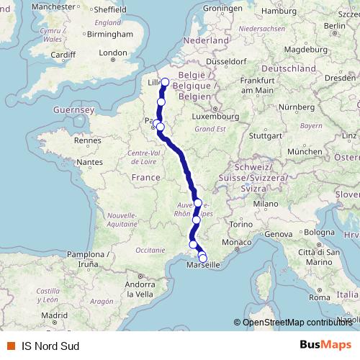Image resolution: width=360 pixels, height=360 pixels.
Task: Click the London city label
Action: tap(113, 53)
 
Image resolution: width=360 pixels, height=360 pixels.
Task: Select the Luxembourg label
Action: tap(219, 116)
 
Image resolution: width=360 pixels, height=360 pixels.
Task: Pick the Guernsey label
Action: tap(74, 109)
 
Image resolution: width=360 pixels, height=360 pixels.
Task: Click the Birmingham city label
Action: tap(111, 34)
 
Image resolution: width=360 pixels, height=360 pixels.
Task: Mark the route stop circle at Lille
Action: tap(165, 82)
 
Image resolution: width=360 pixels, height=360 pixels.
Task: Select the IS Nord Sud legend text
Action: tap(50, 345)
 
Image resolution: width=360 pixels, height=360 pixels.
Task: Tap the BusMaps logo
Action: tap(325, 345)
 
